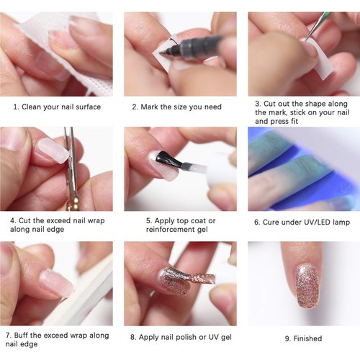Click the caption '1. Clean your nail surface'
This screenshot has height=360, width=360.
(57, 107)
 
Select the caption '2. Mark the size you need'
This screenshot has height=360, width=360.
(177, 107)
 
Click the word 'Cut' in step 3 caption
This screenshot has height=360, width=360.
(274, 103)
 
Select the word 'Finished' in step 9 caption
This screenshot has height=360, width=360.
(307, 338)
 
